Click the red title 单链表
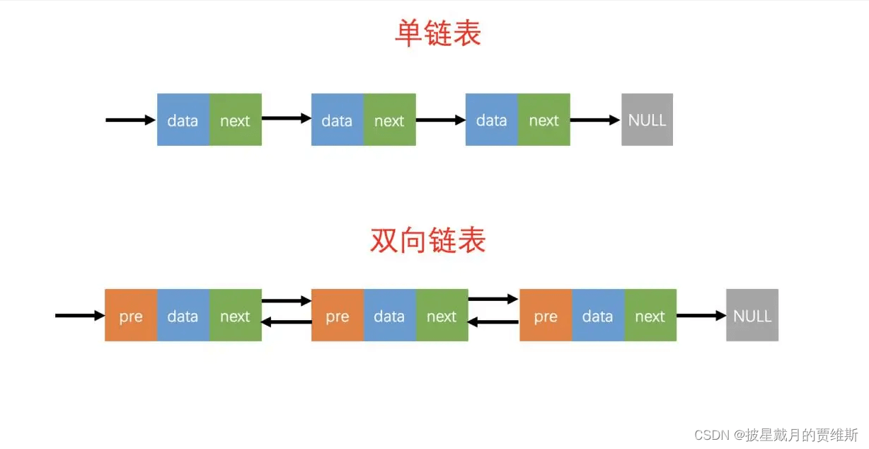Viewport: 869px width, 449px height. pos(437,33)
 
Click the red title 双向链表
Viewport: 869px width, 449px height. pos(428,241)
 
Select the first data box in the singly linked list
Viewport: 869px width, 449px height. pos(183,120)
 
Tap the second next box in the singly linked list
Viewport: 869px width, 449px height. pos(389,120)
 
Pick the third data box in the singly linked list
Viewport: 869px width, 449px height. pos(491,120)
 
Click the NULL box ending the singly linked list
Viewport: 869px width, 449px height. pos(647,120)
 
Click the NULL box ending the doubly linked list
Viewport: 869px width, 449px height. pos(752,315)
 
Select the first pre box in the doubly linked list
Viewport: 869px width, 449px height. pos(131,315)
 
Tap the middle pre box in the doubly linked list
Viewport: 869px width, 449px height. pos(338,315)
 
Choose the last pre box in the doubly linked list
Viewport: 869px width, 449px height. pos(546,315)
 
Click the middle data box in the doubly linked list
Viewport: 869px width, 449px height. pos(389,315)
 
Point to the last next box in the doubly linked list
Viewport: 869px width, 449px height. pos(650,315)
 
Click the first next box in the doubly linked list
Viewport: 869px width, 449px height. pos(235,315)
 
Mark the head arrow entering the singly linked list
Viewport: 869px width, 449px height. pos(130,120)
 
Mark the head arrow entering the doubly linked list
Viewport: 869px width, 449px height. pos(79,315)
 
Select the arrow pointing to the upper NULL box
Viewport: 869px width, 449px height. pos(595,120)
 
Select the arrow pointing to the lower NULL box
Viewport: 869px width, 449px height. pos(701,315)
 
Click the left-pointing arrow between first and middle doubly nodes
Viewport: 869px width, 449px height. pos(287,322)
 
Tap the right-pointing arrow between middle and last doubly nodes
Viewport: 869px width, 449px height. pos(493,300)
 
